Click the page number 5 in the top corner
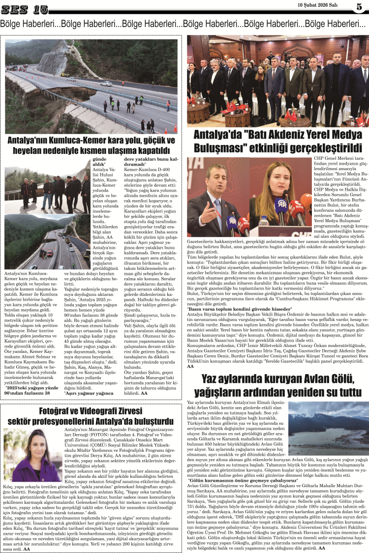tap(360, 7)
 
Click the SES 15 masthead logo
tap(25, 9)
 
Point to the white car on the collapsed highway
tap(106, 84)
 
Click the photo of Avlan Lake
tap(328, 428)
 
